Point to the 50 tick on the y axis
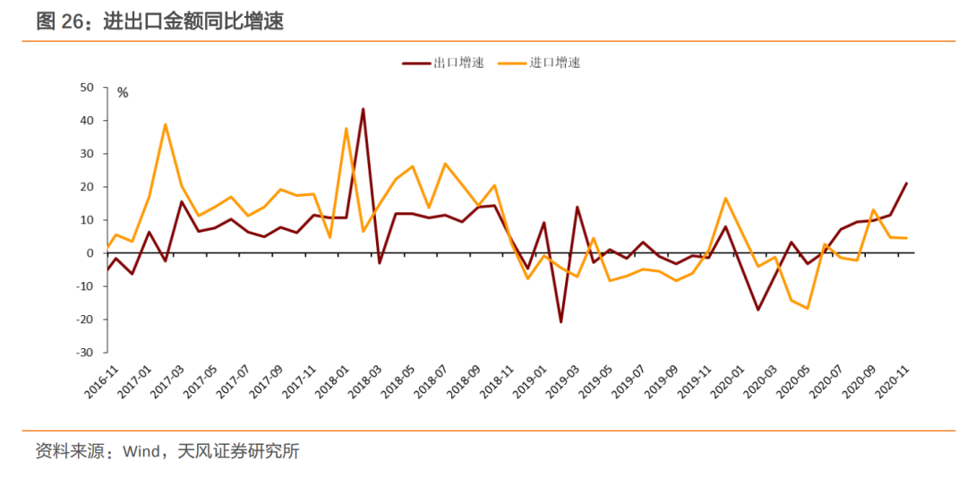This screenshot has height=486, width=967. pos(87,88)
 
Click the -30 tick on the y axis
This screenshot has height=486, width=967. pos(85,353)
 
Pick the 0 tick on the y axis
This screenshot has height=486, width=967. pos(90,253)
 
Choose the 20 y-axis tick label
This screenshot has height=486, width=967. pos(87,187)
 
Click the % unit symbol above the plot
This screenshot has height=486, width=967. pos(123,92)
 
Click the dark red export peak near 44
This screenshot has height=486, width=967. pos(363,109)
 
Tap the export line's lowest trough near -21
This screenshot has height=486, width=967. pos(561,322)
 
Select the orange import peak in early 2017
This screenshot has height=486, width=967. pos(166,124)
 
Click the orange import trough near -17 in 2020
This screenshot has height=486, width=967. pos(808,309)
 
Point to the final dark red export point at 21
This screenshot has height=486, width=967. pos(907,183)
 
